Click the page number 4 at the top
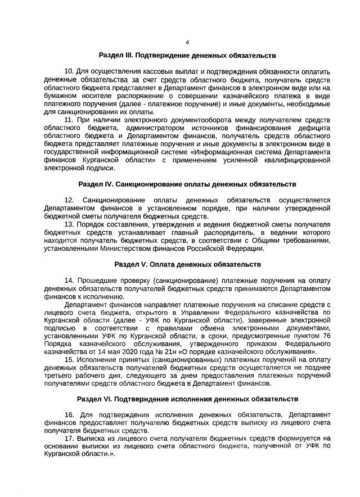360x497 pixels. pyautogui.click(x=187, y=42)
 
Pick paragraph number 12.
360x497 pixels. pyautogui.click(x=69, y=201)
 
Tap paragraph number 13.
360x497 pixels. pyautogui.click(x=69, y=224)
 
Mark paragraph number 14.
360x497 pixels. pyautogui.click(x=69, y=281)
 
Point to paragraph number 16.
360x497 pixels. pyautogui.click(x=69, y=415)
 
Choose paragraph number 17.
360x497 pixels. pyautogui.click(x=69, y=439)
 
